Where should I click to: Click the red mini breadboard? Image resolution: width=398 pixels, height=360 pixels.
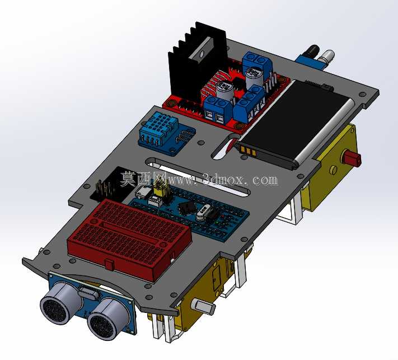(x=129, y=239)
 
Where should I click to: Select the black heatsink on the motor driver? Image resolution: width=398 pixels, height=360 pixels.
(x=196, y=63)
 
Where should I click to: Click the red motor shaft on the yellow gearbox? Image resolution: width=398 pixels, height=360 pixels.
(x=352, y=158)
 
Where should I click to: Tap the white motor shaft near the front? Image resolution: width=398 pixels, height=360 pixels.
(x=204, y=306)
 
